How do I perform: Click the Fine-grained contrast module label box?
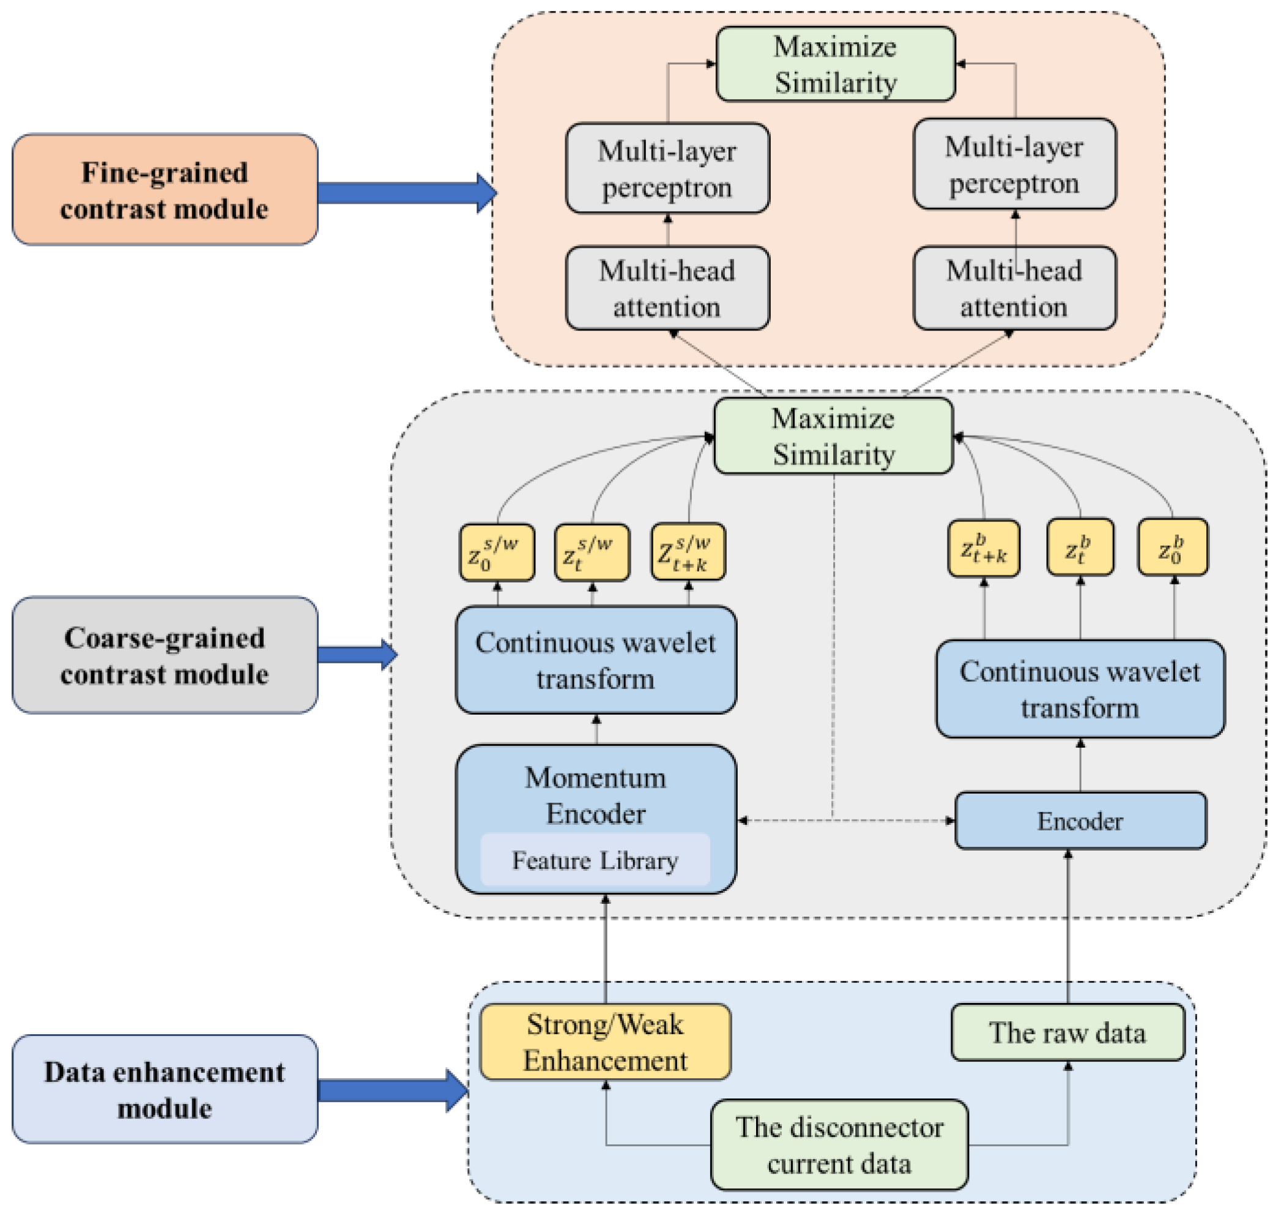pyautogui.click(x=165, y=190)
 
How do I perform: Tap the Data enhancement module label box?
pyautogui.click(x=165, y=1090)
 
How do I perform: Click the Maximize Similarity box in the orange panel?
pyautogui.click(x=836, y=64)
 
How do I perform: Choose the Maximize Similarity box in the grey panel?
pyautogui.click(x=833, y=436)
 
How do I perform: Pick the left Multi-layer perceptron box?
pyautogui.click(x=667, y=169)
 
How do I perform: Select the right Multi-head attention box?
pyautogui.click(x=1014, y=288)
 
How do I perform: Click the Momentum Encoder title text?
pyautogui.click(x=595, y=796)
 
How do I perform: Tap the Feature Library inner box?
pyautogui.click(x=595, y=860)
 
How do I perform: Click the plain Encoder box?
pyautogui.click(x=1080, y=821)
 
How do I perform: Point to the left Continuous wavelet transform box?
pyautogui.click(x=595, y=660)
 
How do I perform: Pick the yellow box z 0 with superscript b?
pyautogui.click(x=1172, y=548)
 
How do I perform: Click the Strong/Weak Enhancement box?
pyautogui.click(x=605, y=1042)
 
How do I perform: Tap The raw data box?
pyautogui.click(x=1068, y=1033)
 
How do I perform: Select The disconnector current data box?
pyautogui.click(x=839, y=1145)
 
